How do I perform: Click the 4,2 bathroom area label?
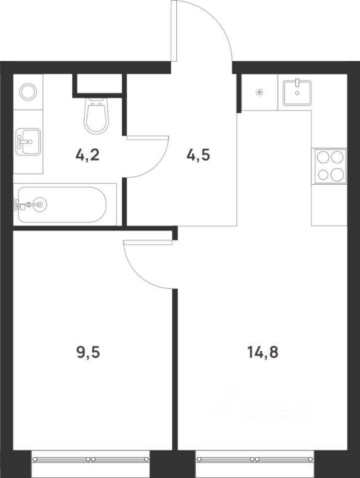[x=87, y=156]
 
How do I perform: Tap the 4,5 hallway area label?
[x=198, y=156]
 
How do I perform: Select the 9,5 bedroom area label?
[x=88, y=353]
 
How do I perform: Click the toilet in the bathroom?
[x=96, y=116]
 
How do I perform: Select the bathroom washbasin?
[x=28, y=141]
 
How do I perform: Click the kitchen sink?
[x=297, y=93]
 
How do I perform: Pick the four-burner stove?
[x=329, y=166]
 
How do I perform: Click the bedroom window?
[x=91, y=459]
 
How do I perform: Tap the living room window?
[x=254, y=459]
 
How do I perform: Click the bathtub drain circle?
[x=40, y=204]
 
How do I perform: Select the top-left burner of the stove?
[x=322, y=158]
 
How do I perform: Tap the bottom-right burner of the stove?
[x=338, y=174]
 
